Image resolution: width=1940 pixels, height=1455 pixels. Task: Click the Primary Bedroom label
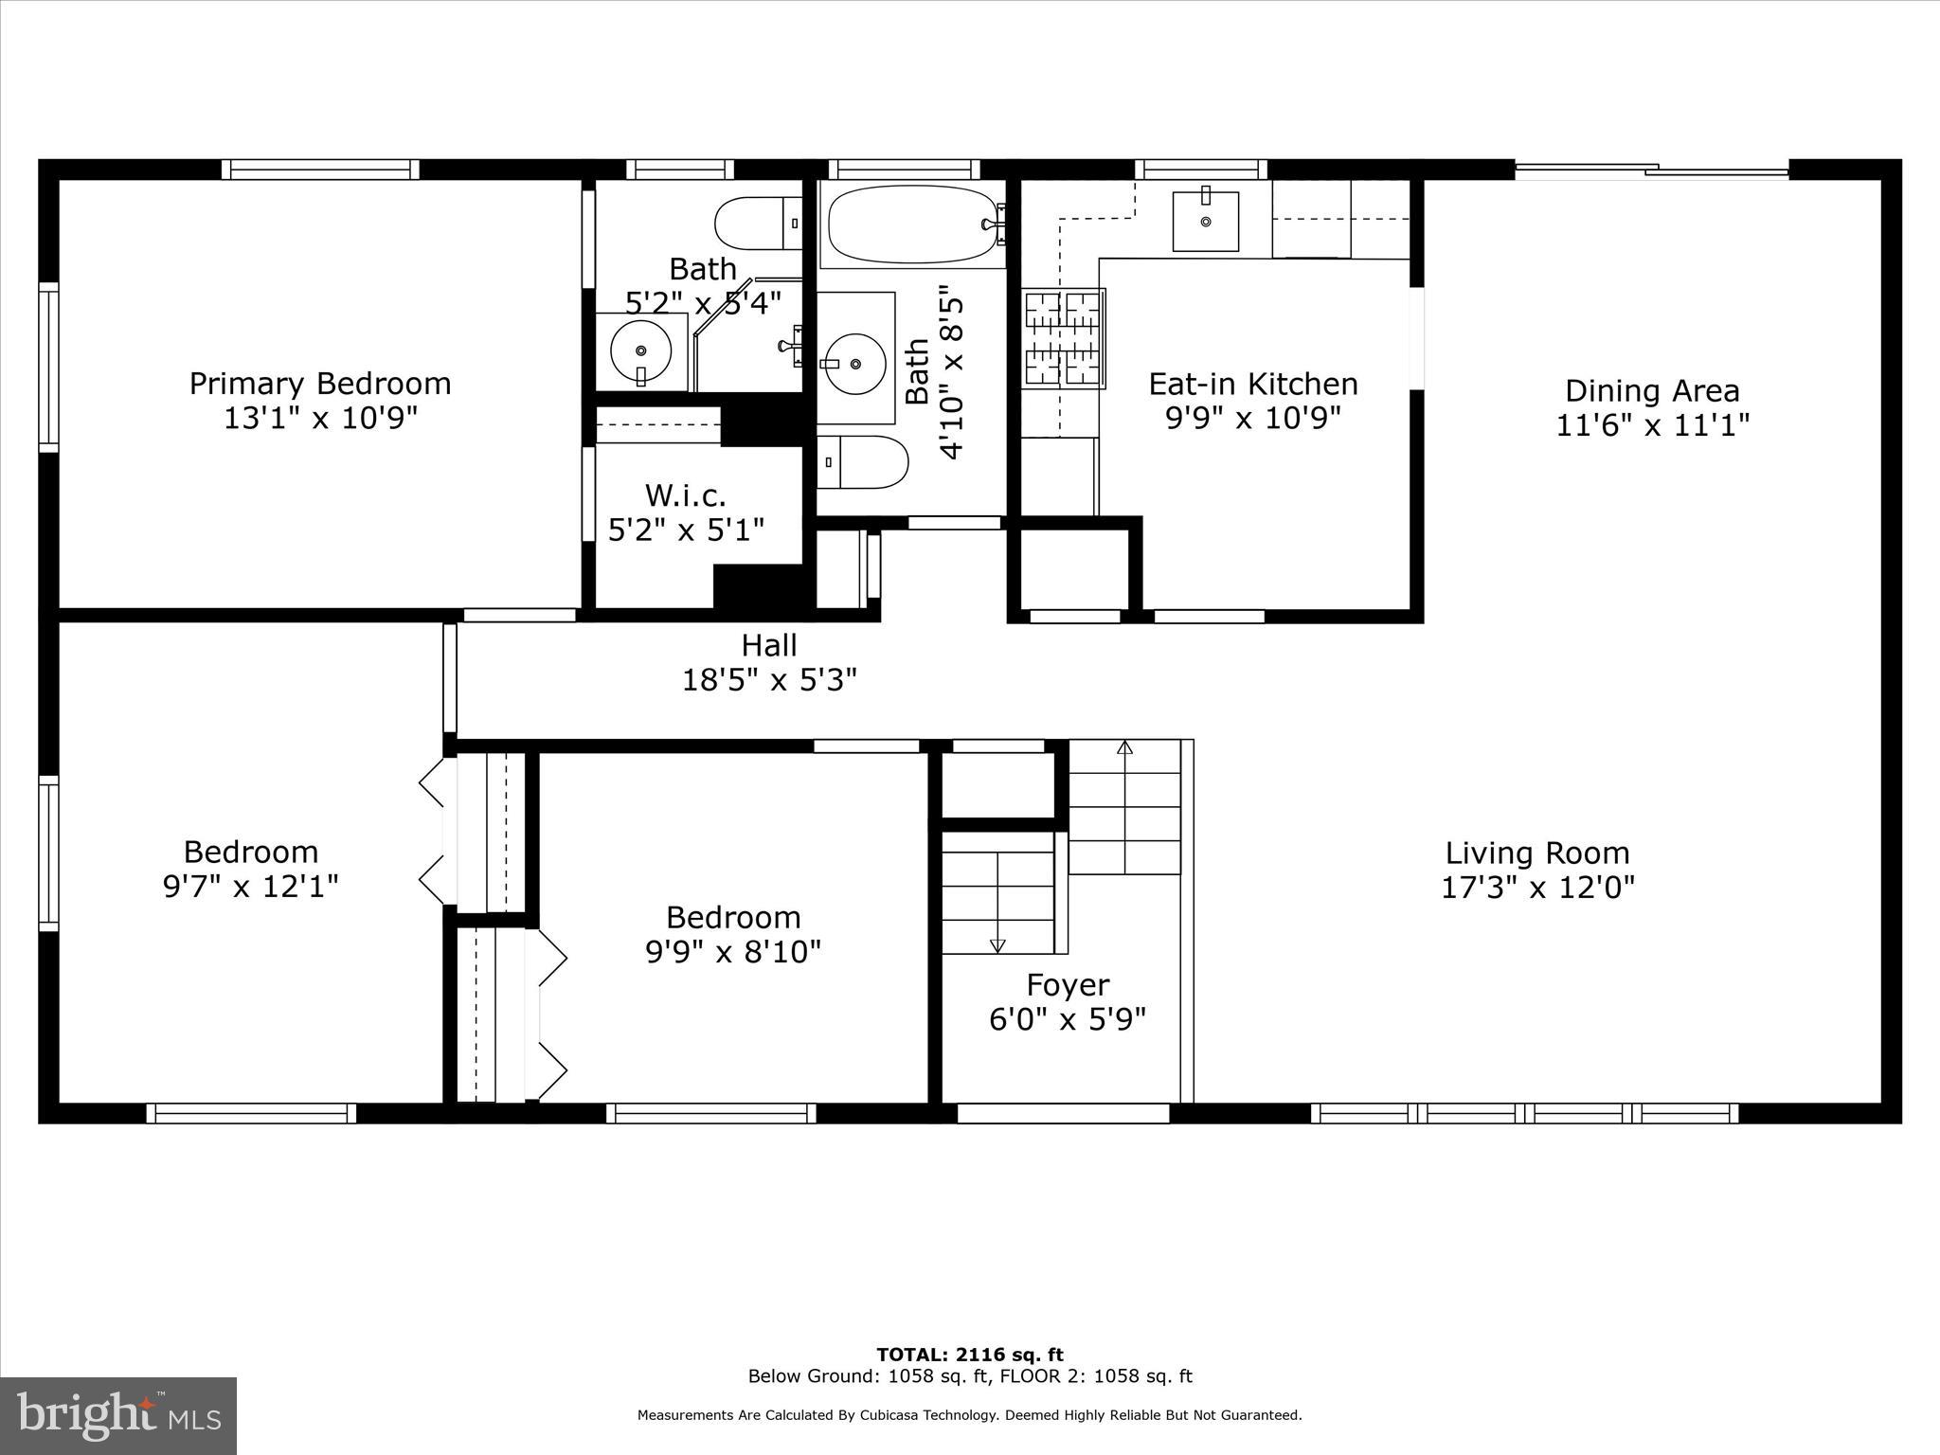coord(320,384)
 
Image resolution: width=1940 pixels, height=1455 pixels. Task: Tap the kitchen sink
coord(1205,221)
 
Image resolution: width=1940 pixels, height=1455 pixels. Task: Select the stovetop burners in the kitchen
coord(1064,338)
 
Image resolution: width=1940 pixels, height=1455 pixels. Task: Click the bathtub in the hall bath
coord(913,226)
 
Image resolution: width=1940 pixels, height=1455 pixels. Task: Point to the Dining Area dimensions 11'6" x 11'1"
coord(1652,425)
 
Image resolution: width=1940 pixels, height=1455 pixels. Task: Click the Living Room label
coord(1536,853)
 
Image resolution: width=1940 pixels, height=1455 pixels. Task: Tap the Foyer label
coord(1068,985)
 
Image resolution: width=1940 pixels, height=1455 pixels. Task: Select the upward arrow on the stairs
coord(1124,748)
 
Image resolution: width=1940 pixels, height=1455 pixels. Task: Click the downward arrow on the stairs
coord(997,944)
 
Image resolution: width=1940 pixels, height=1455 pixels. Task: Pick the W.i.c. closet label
coord(685,494)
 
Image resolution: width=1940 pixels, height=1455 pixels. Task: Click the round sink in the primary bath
coord(641,351)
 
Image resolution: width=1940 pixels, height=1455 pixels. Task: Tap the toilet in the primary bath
coord(758,224)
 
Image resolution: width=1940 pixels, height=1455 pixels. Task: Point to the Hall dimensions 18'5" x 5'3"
coord(769,680)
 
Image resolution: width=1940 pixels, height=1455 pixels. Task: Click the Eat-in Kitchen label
coord(1253,384)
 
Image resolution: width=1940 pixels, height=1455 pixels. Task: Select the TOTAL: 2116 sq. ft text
coord(969,1355)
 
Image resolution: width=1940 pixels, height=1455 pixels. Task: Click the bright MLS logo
coord(118,1416)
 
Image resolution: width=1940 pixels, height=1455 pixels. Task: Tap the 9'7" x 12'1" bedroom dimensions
coord(251,887)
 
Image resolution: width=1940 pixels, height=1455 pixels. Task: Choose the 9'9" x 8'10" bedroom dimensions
coord(733,951)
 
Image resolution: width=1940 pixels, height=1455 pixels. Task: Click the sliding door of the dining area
coord(1652,171)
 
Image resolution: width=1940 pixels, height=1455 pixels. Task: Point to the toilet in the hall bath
coord(862,462)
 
